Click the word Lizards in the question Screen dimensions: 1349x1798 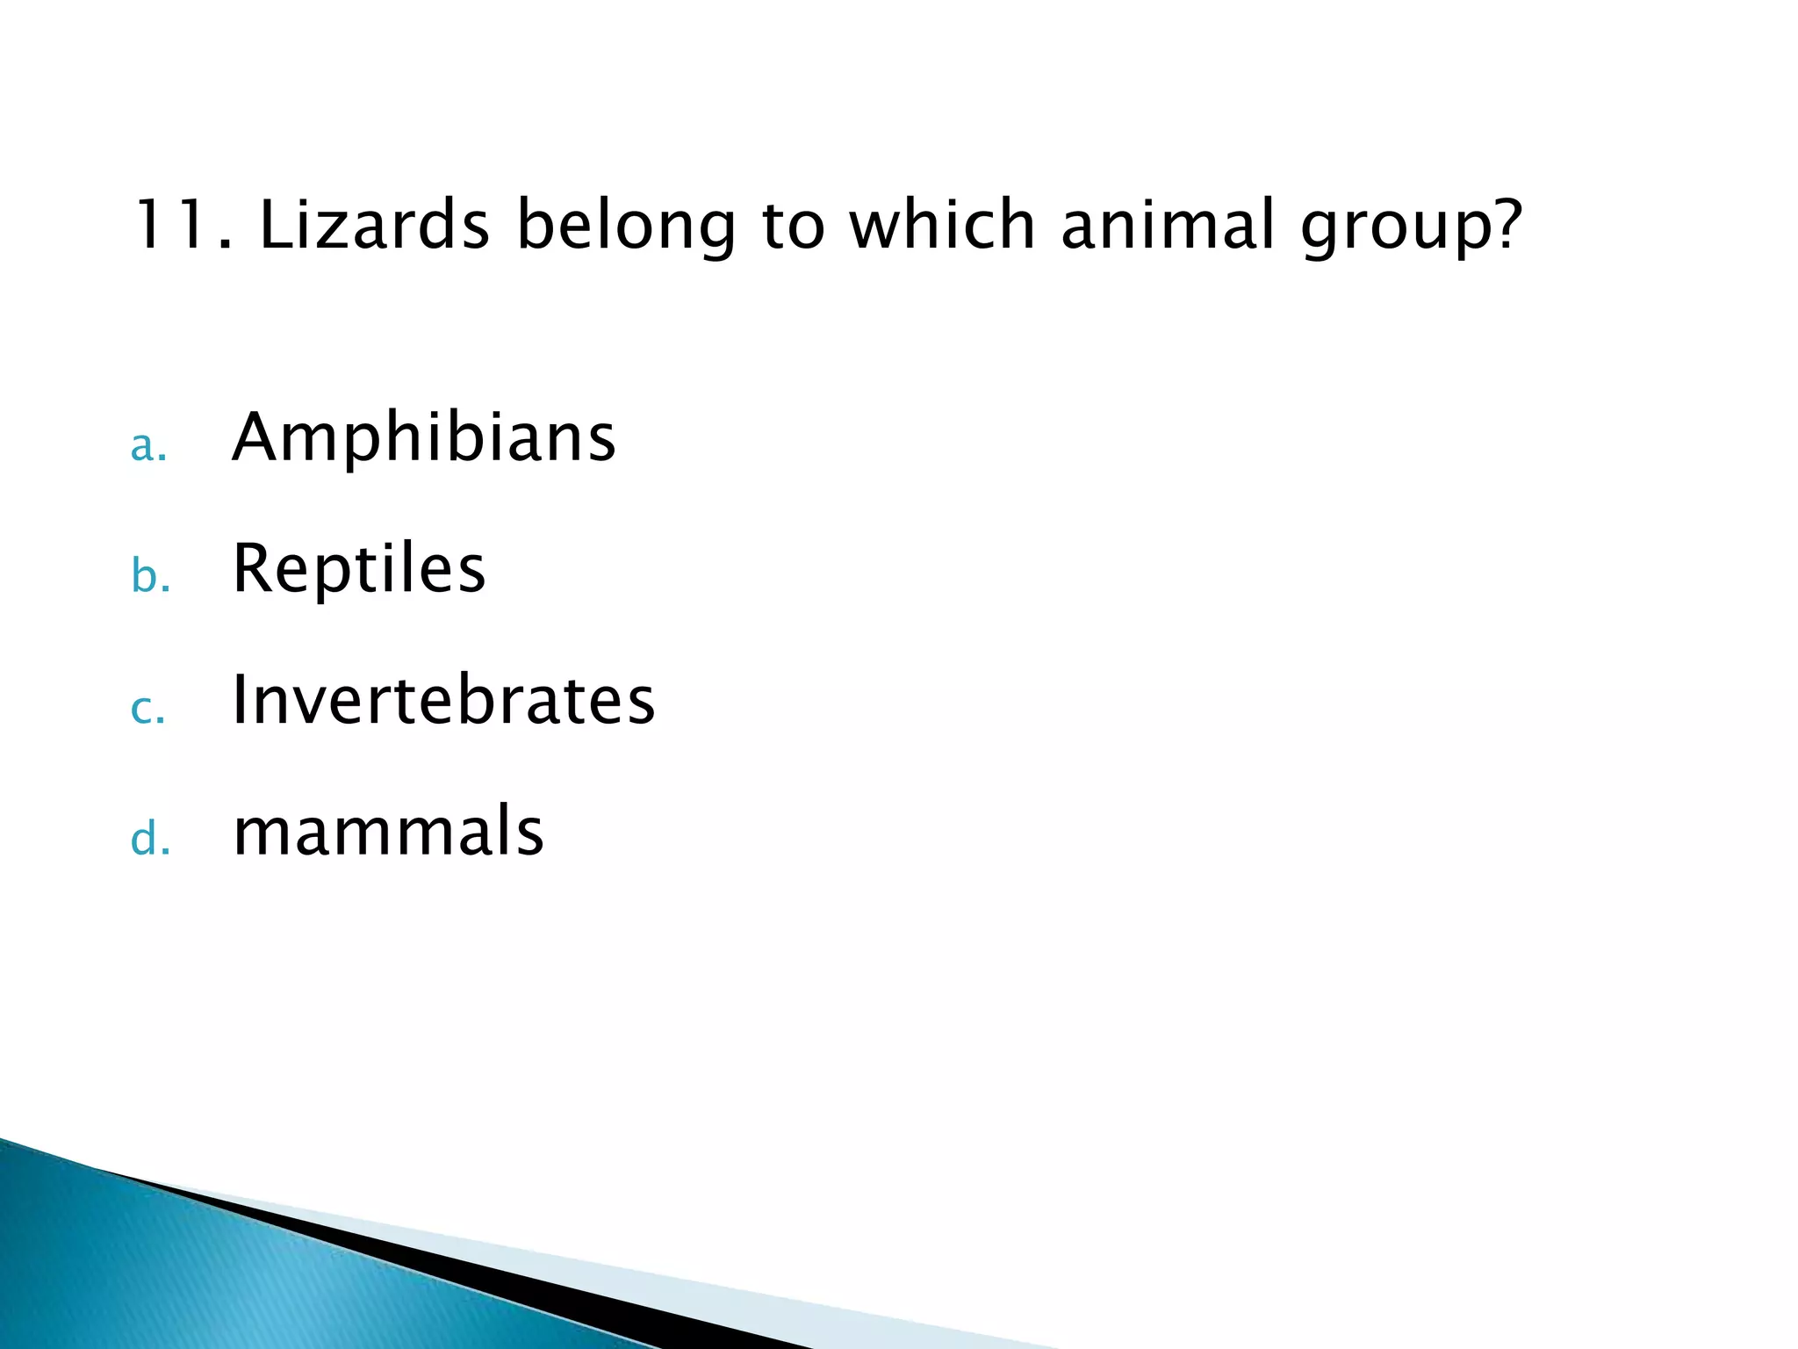click(374, 225)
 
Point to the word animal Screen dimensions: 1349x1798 click(1168, 225)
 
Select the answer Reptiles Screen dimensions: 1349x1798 click(358, 568)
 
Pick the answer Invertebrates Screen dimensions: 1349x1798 click(443, 700)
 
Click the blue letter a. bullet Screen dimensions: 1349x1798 click(148, 447)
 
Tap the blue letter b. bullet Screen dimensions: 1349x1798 click(150, 577)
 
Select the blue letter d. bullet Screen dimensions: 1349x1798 click(150, 839)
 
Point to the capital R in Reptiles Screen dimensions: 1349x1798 click(254, 568)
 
